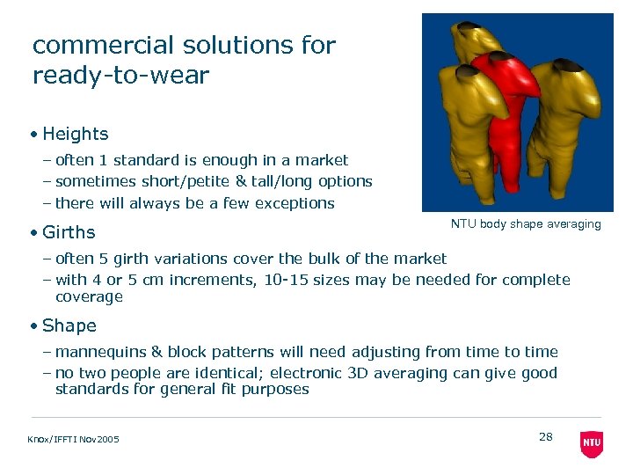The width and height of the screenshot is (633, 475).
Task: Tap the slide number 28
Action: [x=545, y=437]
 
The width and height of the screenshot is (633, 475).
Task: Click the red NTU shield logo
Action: [x=592, y=442]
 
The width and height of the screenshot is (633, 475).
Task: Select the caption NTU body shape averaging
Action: [x=526, y=224]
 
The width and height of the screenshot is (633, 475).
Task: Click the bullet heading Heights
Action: [x=75, y=134]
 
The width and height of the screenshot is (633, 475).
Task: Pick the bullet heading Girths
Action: [x=69, y=232]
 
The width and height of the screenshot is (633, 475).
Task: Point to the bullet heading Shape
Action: [x=69, y=325]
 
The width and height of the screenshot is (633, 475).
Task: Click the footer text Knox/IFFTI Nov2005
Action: [x=75, y=440]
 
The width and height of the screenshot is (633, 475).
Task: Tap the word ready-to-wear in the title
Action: [x=120, y=75]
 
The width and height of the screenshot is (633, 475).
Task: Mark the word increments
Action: [x=194, y=280]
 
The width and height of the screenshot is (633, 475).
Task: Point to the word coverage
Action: [x=89, y=296]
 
